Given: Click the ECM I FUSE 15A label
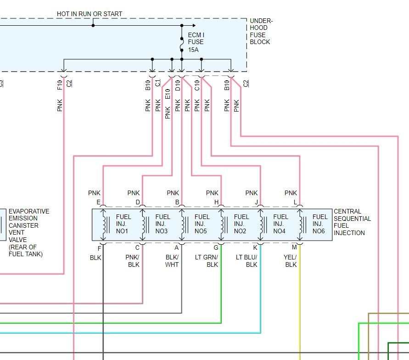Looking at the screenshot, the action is (x=196, y=42).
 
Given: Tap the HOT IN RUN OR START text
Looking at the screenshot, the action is (x=90, y=14).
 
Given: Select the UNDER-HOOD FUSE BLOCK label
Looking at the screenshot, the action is (x=261, y=31).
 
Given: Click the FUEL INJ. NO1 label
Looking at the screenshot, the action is (x=123, y=224).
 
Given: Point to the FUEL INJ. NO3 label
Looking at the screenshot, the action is (x=163, y=224).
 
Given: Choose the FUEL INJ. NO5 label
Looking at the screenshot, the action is (x=202, y=224).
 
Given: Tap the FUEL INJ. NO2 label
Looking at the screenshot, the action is (x=241, y=224).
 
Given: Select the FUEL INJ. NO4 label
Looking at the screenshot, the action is (x=280, y=224).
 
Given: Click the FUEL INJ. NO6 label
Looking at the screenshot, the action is (x=320, y=224).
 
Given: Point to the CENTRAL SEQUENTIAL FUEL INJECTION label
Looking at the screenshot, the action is (x=353, y=222).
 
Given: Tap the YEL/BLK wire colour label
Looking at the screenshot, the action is (x=290, y=261).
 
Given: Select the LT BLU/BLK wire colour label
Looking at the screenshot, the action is (x=247, y=261).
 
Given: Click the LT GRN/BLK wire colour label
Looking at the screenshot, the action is (x=207, y=261).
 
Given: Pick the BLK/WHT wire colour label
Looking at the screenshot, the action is (x=172, y=261).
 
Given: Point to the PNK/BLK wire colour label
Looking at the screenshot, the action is (x=133, y=261).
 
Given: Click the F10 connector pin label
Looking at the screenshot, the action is (x=60, y=85).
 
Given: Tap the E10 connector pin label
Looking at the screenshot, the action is (x=168, y=94).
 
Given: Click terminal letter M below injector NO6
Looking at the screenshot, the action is (x=294, y=247).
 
